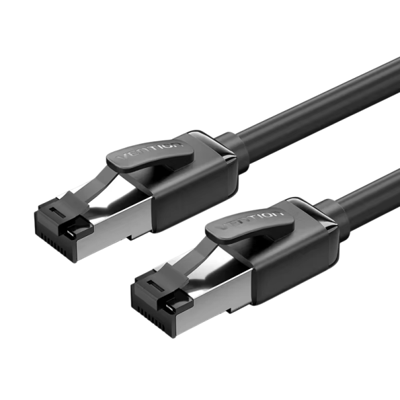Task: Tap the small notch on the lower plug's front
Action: [x=174, y=308]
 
